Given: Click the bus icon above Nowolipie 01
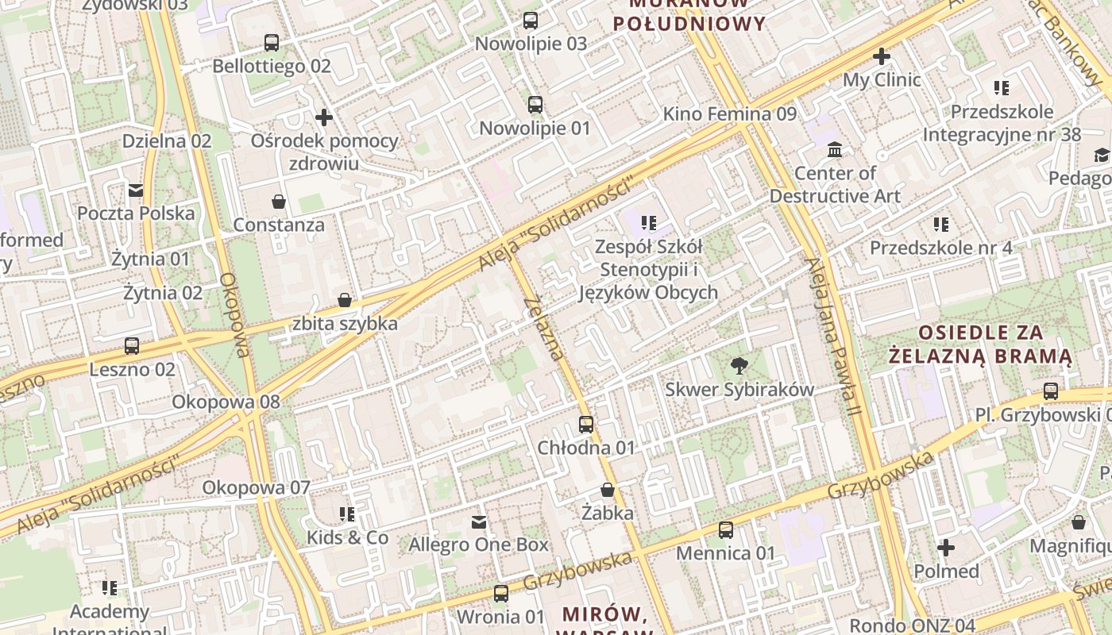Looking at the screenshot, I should coord(535,104).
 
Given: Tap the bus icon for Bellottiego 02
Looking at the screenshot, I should coord(272,43).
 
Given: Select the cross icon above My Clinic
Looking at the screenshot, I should coord(881,56).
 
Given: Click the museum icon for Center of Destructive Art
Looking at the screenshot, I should coord(835,149).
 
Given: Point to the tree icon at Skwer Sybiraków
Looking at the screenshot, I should coord(739,366).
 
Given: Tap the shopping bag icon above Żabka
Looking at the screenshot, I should coord(608,490).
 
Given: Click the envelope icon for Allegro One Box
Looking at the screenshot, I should coord(479,521).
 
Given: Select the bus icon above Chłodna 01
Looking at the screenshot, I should coord(586,425).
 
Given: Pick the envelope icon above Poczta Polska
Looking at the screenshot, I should coord(136,190).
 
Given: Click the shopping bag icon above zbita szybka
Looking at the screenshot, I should coord(345,300).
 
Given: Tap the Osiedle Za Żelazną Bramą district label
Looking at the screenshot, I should coord(980,344).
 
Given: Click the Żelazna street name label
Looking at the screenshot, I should coord(545,327).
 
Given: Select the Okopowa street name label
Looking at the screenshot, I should coord(236,315).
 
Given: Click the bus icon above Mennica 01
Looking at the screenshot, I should coord(726,529).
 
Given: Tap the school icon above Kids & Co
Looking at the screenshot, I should coord(347,514).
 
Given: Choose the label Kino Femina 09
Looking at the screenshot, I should coord(729,114).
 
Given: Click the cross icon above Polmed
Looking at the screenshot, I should coord(946,548).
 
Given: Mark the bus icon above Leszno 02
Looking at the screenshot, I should coord(132,346).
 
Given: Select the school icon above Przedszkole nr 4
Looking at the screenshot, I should coord(941,225).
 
